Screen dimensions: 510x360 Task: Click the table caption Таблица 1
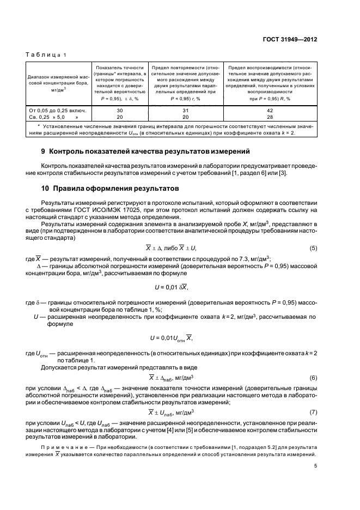46,55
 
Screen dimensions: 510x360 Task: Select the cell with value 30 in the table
120,110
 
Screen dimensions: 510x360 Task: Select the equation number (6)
313,377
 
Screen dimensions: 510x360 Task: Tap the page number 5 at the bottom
315,465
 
